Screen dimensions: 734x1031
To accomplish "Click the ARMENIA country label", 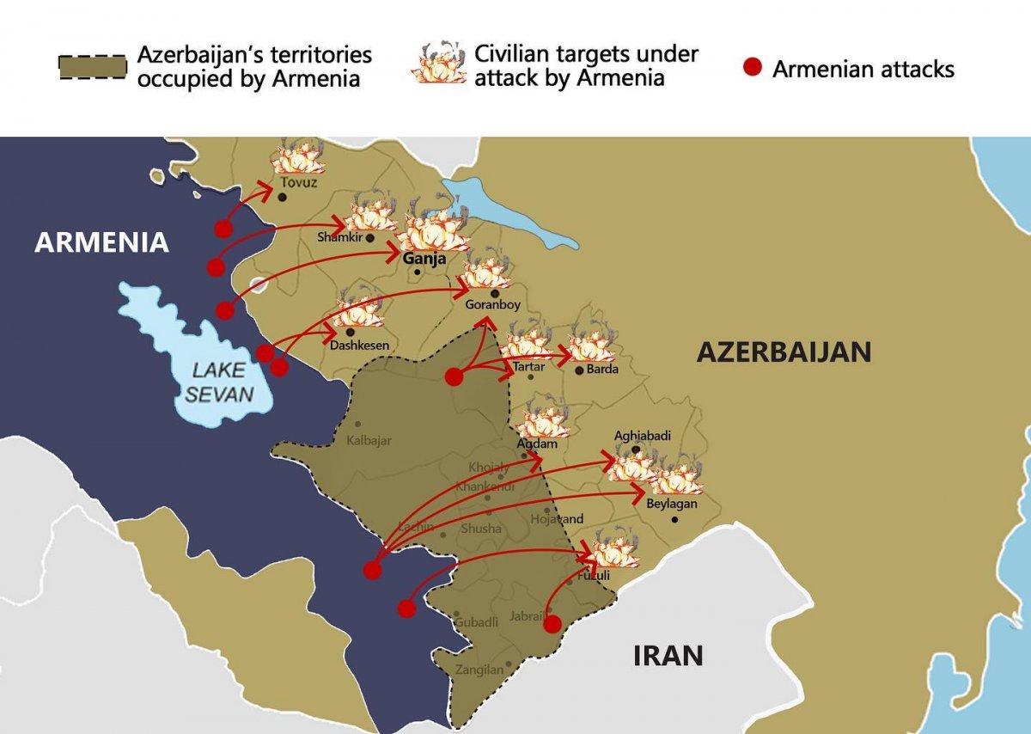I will (101, 242).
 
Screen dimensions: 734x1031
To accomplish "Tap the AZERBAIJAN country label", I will (784, 352).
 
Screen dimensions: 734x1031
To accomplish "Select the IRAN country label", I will (668, 656).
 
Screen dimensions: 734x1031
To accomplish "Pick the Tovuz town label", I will (297, 183).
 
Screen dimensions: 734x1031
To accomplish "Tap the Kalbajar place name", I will (369, 441).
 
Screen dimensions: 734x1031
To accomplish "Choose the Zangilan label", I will (479, 670).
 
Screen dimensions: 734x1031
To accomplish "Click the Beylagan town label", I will (672, 505).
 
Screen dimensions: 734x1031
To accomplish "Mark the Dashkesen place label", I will (359, 346).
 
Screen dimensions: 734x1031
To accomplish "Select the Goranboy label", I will (492, 304).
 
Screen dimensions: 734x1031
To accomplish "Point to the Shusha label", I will (480, 529).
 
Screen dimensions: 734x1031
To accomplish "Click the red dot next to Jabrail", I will (552, 624).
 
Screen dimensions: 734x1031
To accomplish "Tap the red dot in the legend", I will (753, 68).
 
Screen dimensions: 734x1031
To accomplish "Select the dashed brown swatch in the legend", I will (92, 68).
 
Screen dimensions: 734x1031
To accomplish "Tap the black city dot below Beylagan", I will (674, 520).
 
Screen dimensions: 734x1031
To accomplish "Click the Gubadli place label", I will (476, 621).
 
